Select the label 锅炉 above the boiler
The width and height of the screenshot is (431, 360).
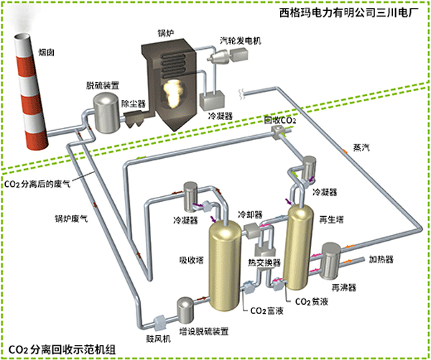[x=166, y=32]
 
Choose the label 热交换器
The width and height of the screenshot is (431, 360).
[x=264, y=262]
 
